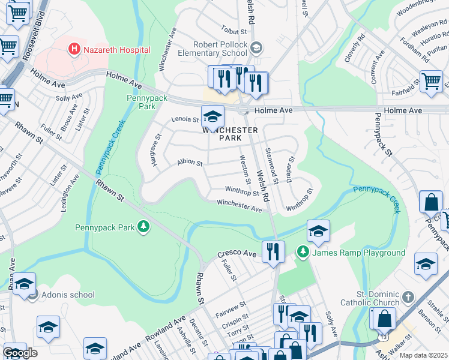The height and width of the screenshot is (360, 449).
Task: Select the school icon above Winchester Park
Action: pos(212,116)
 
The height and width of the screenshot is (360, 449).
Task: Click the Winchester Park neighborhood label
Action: pos(230,134)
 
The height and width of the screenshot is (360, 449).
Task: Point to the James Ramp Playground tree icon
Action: pos(304,252)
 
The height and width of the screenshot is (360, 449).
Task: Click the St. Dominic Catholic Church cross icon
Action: pos(408,297)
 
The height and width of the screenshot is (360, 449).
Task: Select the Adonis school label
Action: pos(68,295)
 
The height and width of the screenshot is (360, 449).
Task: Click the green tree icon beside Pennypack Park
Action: pos(143,227)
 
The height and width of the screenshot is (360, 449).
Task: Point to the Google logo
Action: pos(20,353)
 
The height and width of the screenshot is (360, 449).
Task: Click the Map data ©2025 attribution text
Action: pos(423,355)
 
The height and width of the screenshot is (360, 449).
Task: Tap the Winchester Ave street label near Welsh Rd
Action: pos(240,206)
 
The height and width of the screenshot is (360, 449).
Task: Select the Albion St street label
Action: pos(190,163)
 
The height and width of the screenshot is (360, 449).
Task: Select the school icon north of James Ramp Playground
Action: pos(318,231)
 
